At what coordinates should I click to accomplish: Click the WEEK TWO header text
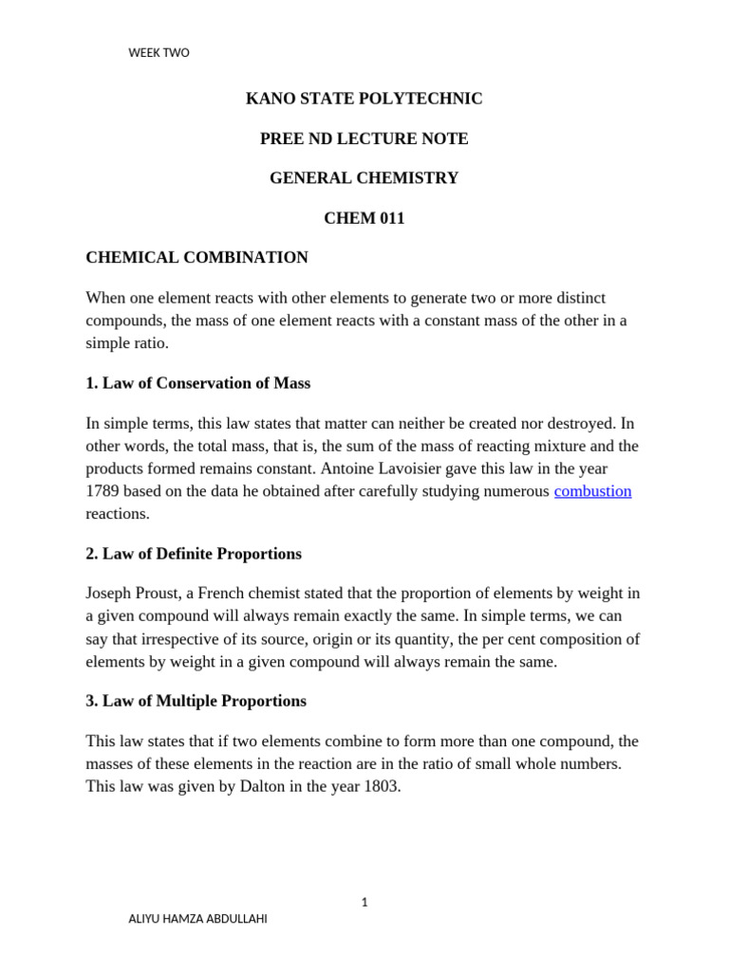tap(159, 53)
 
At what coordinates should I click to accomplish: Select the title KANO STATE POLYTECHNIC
tap(364, 99)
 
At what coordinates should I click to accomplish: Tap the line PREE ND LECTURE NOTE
tap(364, 138)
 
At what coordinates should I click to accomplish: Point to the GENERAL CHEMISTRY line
tap(364, 178)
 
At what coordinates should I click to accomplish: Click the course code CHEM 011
tap(364, 218)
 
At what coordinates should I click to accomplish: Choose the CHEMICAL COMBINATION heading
tap(196, 257)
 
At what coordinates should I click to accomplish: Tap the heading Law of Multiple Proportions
tap(204, 701)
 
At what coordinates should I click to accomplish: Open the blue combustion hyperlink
tap(592, 491)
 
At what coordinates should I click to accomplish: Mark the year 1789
tap(103, 491)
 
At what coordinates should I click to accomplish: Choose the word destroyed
tap(585, 423)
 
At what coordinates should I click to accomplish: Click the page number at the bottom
tap(364, 902)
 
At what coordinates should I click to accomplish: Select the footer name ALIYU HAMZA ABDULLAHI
tap(197, 919)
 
